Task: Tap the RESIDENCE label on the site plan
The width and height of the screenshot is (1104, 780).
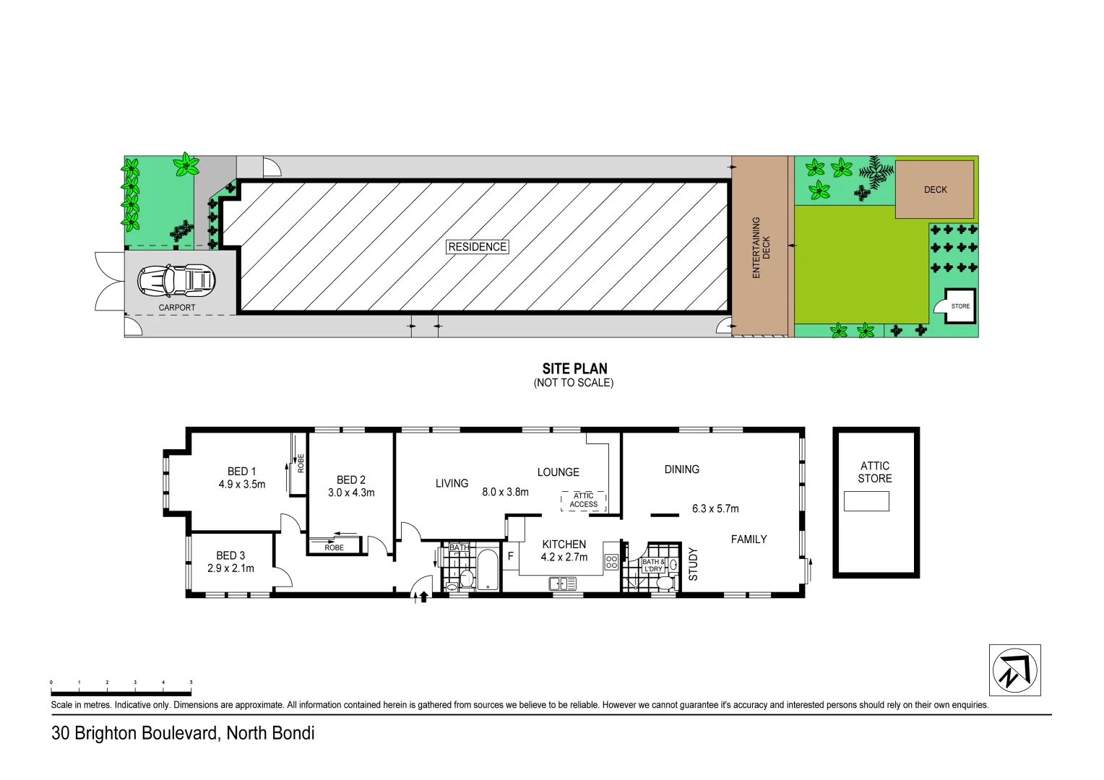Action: pyautogui.click(x=477, y=247)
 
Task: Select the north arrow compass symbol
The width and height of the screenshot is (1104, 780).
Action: pyautogui.click(x=1014, y=670)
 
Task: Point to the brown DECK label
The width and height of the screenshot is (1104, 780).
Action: pyautogui.click(x=935, y=190)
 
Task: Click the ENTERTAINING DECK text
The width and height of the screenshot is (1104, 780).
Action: pyautogui.click(x=761, y=248)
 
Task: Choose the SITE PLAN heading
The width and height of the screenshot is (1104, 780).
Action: pyautogui.click(x=574, y=368)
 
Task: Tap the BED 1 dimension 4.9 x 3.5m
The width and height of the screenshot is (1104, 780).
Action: pyautogui.click(x=242, y=485)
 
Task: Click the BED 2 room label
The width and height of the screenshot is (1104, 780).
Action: pyautogui.click(x=351, y=480)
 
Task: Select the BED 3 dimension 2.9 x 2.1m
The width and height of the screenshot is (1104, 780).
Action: pyautogui.click(x=230, y=568)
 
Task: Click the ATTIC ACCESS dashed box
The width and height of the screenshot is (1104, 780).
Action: pyautogui.click(x=583, y=500)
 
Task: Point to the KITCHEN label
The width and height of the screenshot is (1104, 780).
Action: pyautogui.click(x=564, y=545)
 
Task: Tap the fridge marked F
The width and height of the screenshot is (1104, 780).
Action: pyautogui.click(x=510, y=557)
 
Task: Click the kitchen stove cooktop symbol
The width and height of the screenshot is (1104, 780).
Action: pyautogui.click(x=611, y=561)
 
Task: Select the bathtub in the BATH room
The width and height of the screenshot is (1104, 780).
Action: pyautogui.click(x=488, y=571)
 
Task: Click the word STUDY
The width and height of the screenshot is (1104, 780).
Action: pyautogui.click(x=693, y=564)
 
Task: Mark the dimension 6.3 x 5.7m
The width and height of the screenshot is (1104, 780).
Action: pyautogui.click(x=715, y=508)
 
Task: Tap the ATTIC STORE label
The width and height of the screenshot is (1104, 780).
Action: pyautogui.click(x=874, y=472)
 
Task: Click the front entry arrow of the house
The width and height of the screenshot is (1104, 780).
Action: pyautogui.click(x=423, y=597)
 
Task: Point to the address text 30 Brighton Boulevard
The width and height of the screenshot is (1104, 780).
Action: pyautogui.click(x=134, y=733)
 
